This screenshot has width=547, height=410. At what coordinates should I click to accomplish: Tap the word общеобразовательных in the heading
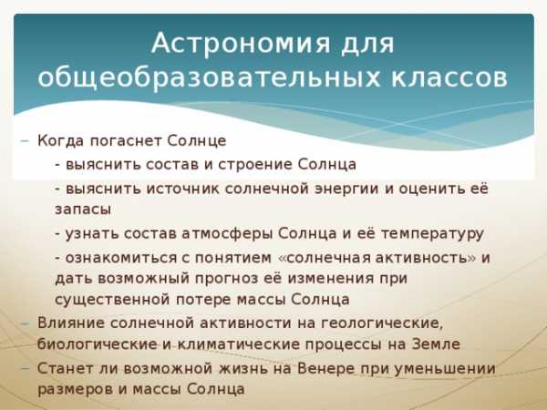tap(209, 77)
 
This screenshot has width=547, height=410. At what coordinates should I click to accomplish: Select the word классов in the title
tap(449, 77)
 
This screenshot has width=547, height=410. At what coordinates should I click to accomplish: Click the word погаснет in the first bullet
tap(126, 141)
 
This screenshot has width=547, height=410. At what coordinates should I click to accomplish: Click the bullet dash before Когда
tap(25, 141)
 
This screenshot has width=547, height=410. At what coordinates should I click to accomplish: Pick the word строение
tap(255, 165)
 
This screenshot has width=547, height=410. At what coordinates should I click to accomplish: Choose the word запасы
tap(83, 210)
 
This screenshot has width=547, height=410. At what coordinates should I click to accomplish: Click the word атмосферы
tap(227, 233)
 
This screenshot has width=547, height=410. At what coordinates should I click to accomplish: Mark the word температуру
tap(432, 234)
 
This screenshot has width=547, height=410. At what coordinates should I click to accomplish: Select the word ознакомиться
tap(121, 258)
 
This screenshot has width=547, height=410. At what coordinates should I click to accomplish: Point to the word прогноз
tap(238, 279)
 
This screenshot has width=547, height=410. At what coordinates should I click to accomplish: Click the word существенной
tap(113, 300)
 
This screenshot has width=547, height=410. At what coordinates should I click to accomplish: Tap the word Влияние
tap(71, 323)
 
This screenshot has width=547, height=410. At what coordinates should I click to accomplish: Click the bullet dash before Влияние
tap(25, 323)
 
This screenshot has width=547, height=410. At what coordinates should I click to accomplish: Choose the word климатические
tap(239, 344)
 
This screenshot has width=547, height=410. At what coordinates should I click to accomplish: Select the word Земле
tap(436, 344)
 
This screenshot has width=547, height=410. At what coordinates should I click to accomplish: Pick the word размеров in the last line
tap(75, 390)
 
